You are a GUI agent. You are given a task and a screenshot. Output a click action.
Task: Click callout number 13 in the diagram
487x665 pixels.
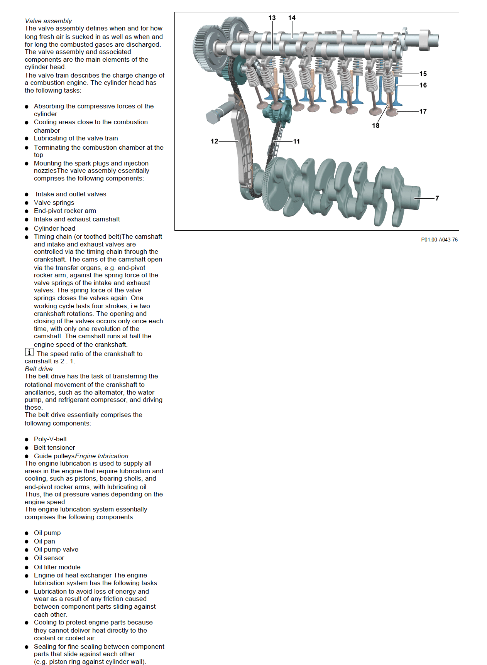click(x=272, y=18)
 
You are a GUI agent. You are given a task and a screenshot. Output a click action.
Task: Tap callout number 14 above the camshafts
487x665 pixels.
click(x=292, y=18)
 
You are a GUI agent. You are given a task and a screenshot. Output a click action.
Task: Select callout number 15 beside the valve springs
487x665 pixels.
click(x=423, y=74)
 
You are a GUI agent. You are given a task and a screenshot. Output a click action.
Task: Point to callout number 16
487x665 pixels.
click(x=423, y=85)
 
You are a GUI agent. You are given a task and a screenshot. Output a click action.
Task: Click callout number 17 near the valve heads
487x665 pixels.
click(x=423, y=111)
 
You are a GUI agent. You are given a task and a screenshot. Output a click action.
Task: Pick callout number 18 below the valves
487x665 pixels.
click(x=375, y=126)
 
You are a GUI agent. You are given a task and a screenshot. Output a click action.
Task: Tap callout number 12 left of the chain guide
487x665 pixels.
click(x=215, y=141)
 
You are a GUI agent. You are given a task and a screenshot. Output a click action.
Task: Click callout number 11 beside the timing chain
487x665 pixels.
click(x=296, y=142)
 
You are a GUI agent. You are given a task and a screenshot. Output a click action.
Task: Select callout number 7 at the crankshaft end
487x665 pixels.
click(x=437, y=198)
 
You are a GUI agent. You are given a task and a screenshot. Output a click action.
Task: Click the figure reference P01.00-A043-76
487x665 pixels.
click(x=439, y=240)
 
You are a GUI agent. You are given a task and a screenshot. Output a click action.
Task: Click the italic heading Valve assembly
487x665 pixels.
click(x=48, y=21)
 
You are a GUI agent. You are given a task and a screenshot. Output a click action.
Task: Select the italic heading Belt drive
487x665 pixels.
click(x=39, y=369)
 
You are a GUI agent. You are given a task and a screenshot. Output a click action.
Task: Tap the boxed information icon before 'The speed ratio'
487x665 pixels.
click(x=29, y=352)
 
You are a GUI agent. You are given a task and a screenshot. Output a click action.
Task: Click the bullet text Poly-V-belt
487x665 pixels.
click(x=50, y=439)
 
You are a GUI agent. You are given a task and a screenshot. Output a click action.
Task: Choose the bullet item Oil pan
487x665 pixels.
click(x=44, y=541)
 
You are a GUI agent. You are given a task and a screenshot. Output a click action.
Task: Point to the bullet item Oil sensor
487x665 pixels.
click(x=49, y=558)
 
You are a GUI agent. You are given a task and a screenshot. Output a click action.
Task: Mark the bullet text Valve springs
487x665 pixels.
click(x=54, y=203)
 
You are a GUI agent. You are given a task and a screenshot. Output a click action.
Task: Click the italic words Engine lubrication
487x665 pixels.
click(x=102, y=456)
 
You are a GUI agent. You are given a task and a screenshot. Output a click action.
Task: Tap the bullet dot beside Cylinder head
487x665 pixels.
click(x=27, y=229)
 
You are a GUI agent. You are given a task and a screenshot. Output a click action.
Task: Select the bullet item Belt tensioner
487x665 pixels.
click(x=54, y=447)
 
